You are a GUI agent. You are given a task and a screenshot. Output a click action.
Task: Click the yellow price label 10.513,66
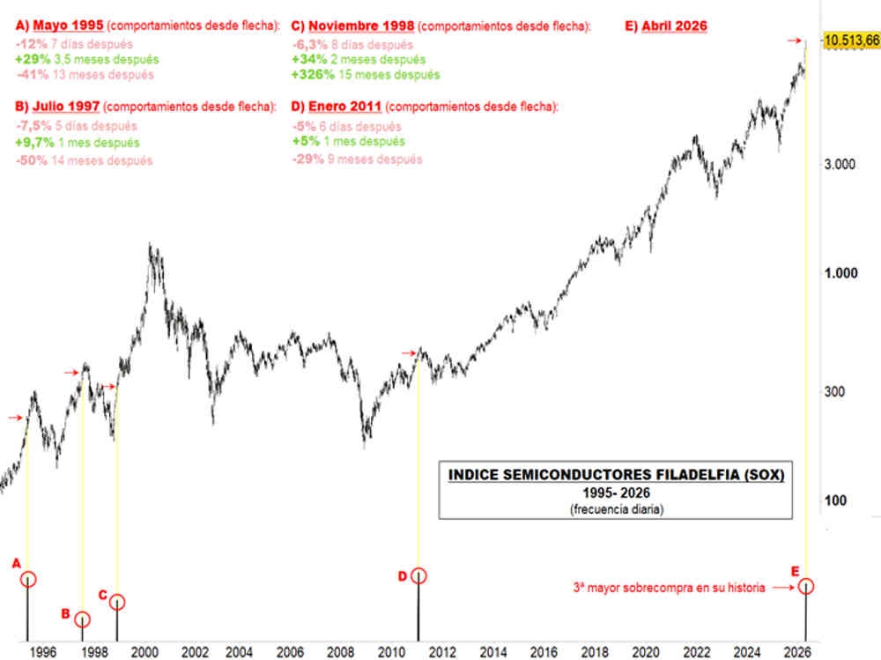(x=850, y=41)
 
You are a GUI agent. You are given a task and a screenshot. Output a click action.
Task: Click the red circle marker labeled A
(x=28, y=579)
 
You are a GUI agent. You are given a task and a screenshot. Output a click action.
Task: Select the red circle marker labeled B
(x=82, y=619)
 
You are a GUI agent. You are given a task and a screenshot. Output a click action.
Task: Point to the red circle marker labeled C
(x=117, y=602)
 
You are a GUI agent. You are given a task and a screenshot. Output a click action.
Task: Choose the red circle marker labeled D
(x=418, y=575)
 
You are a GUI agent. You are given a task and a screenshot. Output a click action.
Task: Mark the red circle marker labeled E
(x=806, y=586)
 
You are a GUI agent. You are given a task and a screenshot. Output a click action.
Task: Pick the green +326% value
(x=311, y=75)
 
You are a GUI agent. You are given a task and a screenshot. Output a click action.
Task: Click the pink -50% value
(x=32, y=160)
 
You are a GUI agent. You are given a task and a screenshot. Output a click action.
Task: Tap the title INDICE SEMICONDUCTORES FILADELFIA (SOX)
(x=616, y=474)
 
